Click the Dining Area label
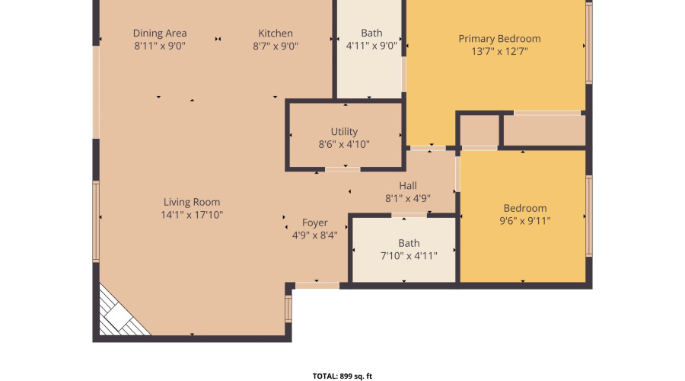tap(160, 33)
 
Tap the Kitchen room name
tap(276, 33)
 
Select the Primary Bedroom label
tap(499, 39)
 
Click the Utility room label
tap(344, 131)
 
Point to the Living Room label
tap(192, 202)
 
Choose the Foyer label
tap(315, 223)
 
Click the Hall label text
tap(408, 185)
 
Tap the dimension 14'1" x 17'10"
tap(192, 215)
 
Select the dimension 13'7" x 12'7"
tap(499, 52)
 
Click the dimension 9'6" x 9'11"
tap(525, 221)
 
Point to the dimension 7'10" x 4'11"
tap(409, 256)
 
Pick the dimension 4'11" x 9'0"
tap(371, 46)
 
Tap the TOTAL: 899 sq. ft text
tap(342, 376)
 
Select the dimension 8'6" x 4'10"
tap(344, 144)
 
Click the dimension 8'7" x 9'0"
tap(276, 46)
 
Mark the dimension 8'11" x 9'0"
tap(160, 46)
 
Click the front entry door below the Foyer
tap(317, 285)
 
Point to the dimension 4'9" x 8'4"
tap(315, 235)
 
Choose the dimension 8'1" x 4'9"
tap(408, 198)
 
